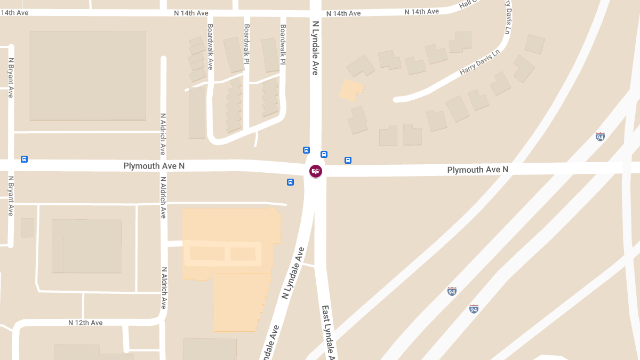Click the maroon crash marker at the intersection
click(316, 171)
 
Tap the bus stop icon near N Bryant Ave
click(24, 159)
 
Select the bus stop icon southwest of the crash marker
click(290, 182)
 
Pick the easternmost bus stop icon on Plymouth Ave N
click(348, 160)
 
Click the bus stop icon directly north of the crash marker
click(306, 150)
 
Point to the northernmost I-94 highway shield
click(600, 137)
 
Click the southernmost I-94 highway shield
click(474, 309)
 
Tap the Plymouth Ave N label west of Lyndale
click(154, 166)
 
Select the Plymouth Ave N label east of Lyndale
click(477, 170)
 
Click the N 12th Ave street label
click(85, 323)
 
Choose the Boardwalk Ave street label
click(210, 47)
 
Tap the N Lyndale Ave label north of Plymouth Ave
click(315, 48)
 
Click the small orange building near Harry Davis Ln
click(351, 90)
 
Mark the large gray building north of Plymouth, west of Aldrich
click(88, 76)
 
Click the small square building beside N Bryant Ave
click(27, 228)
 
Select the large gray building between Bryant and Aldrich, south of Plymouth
click(87, 246)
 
